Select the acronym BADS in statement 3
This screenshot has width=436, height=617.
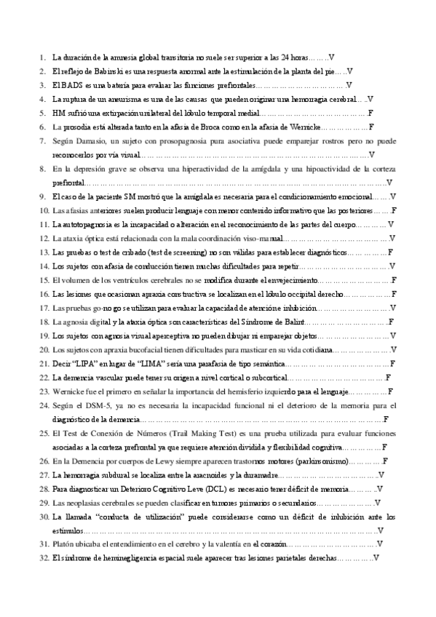pyautogui.click(x=71, y=84)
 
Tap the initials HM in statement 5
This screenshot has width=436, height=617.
pyautogui.click(x=59, y=113)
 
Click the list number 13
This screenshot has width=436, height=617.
pyautogui.click(x=43, y=252)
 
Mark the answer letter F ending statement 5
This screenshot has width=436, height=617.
pyautogui.click(x=370, y=113)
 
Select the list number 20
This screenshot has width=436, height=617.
pyautogui.click(x=43, y=349)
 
